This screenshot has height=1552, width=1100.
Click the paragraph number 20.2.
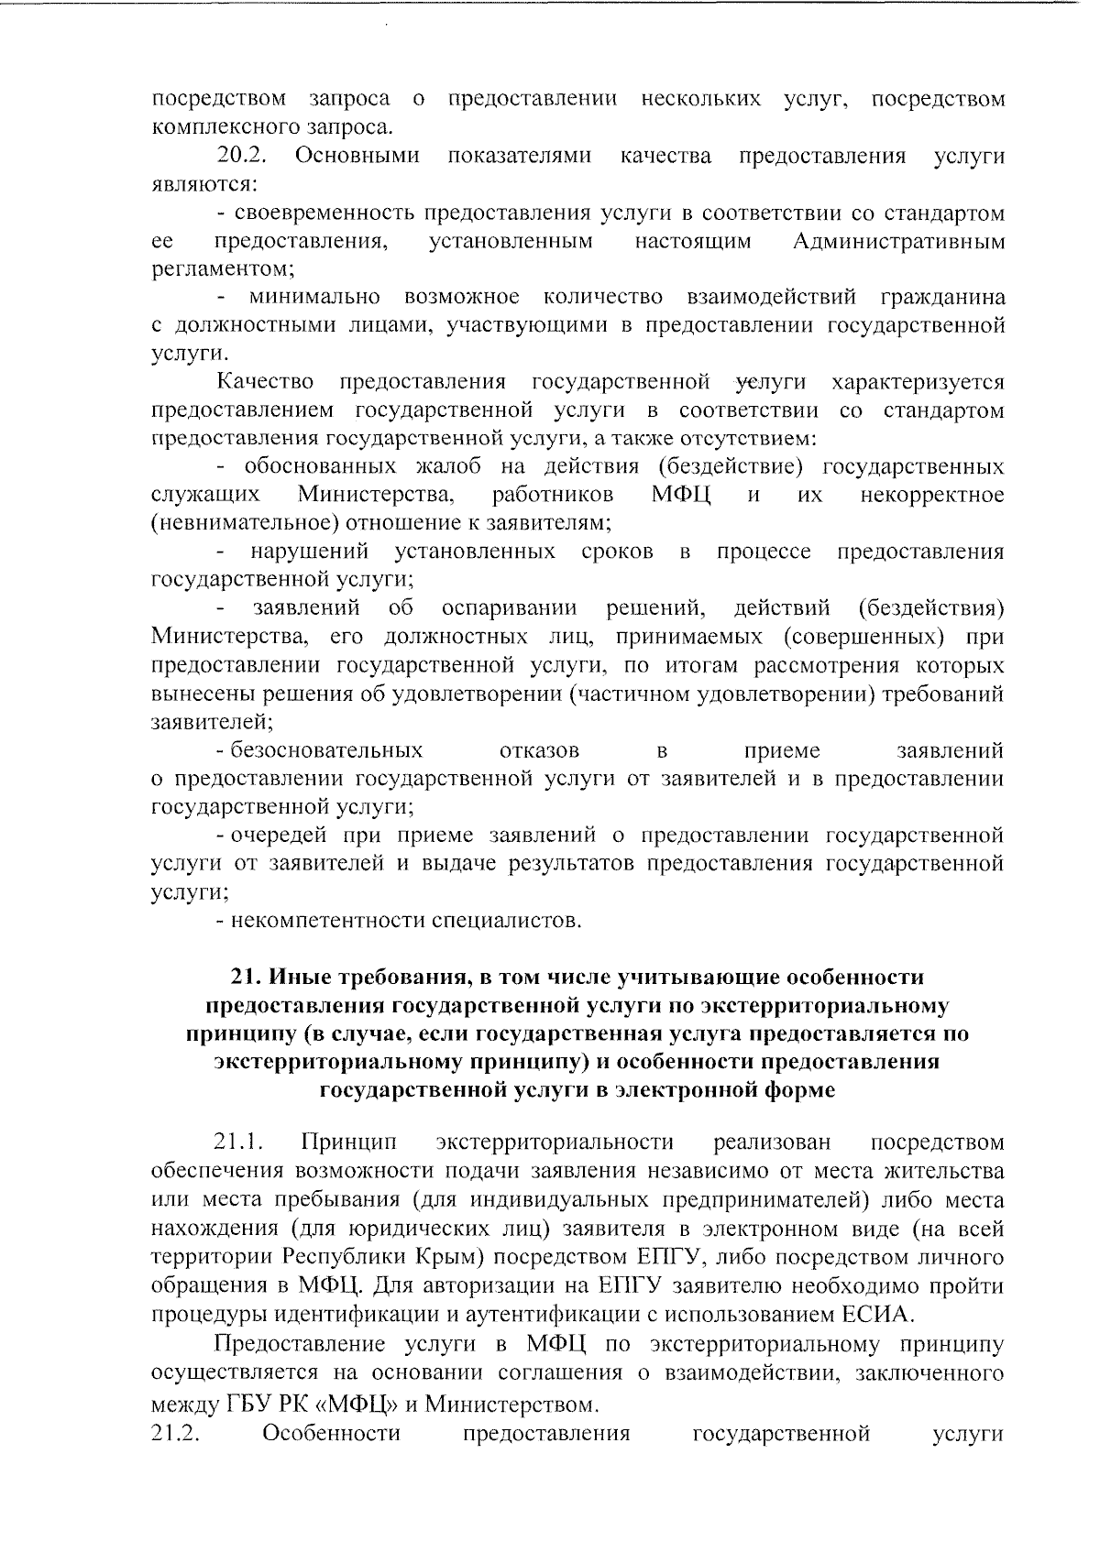coord(241,157)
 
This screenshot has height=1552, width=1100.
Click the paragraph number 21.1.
coord(239,1142)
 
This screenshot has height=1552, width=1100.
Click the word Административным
coord(898,242)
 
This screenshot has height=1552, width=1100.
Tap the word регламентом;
coord(223,269)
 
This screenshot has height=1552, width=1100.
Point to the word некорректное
coord(932,496)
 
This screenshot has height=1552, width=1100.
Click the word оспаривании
coord(509,608)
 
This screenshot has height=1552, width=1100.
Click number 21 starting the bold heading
coord(243,978)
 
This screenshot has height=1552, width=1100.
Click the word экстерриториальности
coord(555,1142)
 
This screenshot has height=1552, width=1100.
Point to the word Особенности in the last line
coord(331,1433)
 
